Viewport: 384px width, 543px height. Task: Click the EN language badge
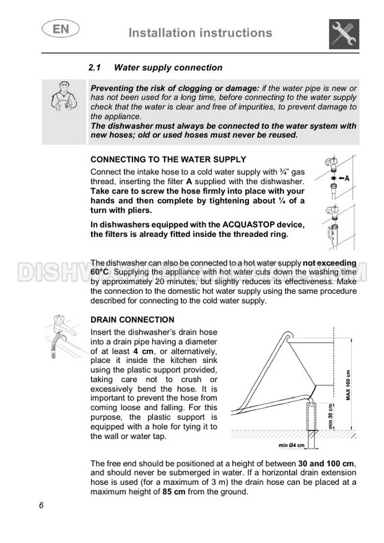pyautogui.click(x=56, y=29)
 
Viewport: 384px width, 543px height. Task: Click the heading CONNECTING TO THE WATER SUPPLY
pyautogui.click(x=168, y=159)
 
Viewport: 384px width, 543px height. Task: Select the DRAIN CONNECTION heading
pyautogui.click(x=133, y=320)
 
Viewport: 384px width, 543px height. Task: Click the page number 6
pyautogui.click(x=41, y=505)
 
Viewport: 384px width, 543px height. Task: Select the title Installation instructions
pyautogui.click(x=200, y=33)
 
